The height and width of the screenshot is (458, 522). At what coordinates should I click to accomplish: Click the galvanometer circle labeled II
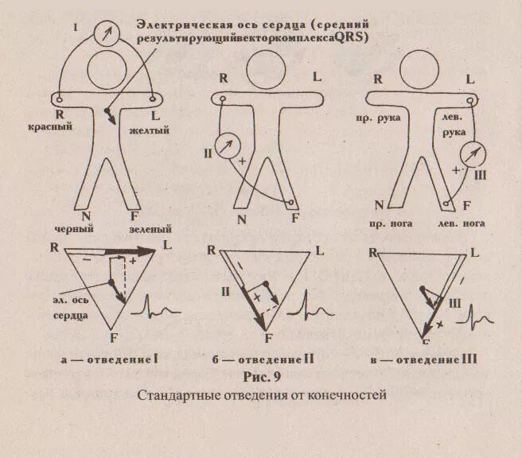[231, 146]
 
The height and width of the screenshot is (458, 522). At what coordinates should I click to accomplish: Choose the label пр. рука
[380, 118]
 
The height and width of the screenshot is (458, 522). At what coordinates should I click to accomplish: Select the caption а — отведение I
[111, 360]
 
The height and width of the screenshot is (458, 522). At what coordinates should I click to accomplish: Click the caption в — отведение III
[423, 360]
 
